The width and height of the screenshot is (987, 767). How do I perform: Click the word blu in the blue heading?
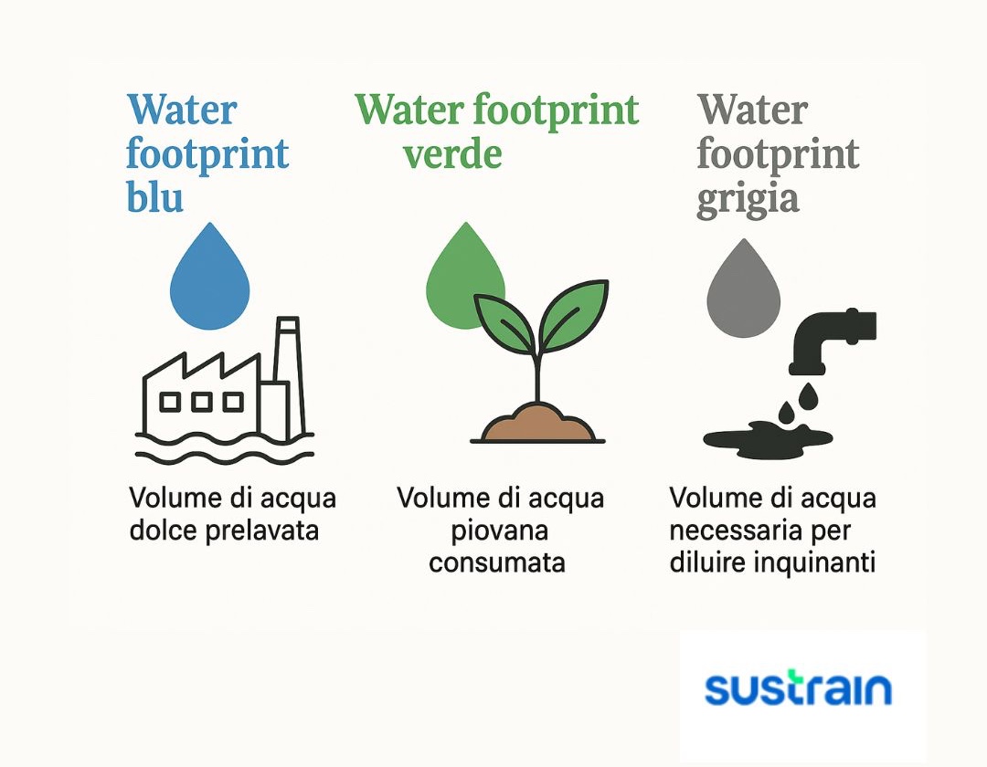coord(155,197)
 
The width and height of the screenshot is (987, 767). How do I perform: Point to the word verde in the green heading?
coord(452,154)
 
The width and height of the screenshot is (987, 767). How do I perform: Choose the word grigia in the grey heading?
coord(748,198)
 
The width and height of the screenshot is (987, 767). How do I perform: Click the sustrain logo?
coord(799,689)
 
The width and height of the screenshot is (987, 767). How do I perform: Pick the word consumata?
coord(497,562)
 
